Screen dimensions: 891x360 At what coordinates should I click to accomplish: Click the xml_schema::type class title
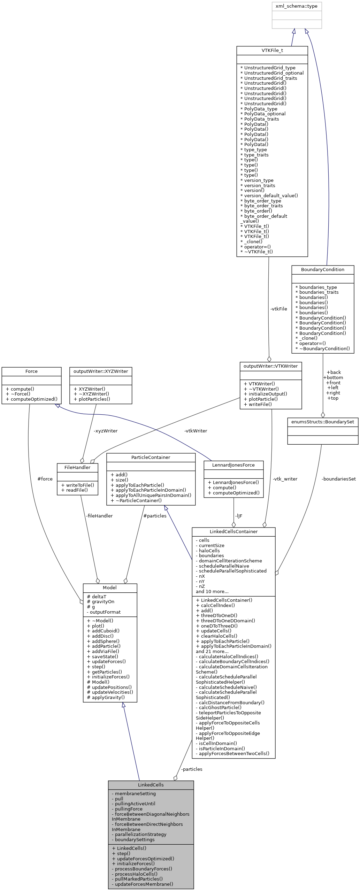[x=296, y=6]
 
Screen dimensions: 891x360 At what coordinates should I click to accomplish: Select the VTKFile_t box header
[x=272, y=51]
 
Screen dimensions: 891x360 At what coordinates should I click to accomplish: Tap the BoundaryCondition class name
[x=322, y=270]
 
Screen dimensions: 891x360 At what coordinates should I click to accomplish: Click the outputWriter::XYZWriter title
[x=100, y=371]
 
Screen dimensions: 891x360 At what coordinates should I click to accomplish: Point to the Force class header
[x=31, y=371]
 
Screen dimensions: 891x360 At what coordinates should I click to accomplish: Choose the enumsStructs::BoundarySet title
[x=322, y=422]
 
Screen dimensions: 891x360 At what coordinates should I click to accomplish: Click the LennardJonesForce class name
[x=233, y=465]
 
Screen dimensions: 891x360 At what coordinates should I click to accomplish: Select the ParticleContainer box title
[x=151, y=458]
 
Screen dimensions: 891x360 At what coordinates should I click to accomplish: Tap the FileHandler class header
[x=77, y=468]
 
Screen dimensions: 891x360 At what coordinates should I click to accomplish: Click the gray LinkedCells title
[x=151, y=785]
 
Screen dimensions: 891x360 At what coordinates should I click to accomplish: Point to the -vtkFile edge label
[x=278, y=309]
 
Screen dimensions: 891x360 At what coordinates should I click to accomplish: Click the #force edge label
[x=45, y=479]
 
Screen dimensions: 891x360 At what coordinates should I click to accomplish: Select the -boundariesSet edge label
[x=338, y=479]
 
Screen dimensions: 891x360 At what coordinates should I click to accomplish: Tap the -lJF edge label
[x=238, y=516]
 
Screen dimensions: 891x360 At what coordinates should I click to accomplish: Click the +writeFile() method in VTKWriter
[x=258, y=404]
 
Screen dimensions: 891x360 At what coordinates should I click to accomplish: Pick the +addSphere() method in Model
[x=103, y=641]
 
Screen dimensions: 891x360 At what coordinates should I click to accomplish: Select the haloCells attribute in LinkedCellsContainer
[x=209, y=551]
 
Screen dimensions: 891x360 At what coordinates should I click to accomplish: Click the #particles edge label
[x=155, y=516]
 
